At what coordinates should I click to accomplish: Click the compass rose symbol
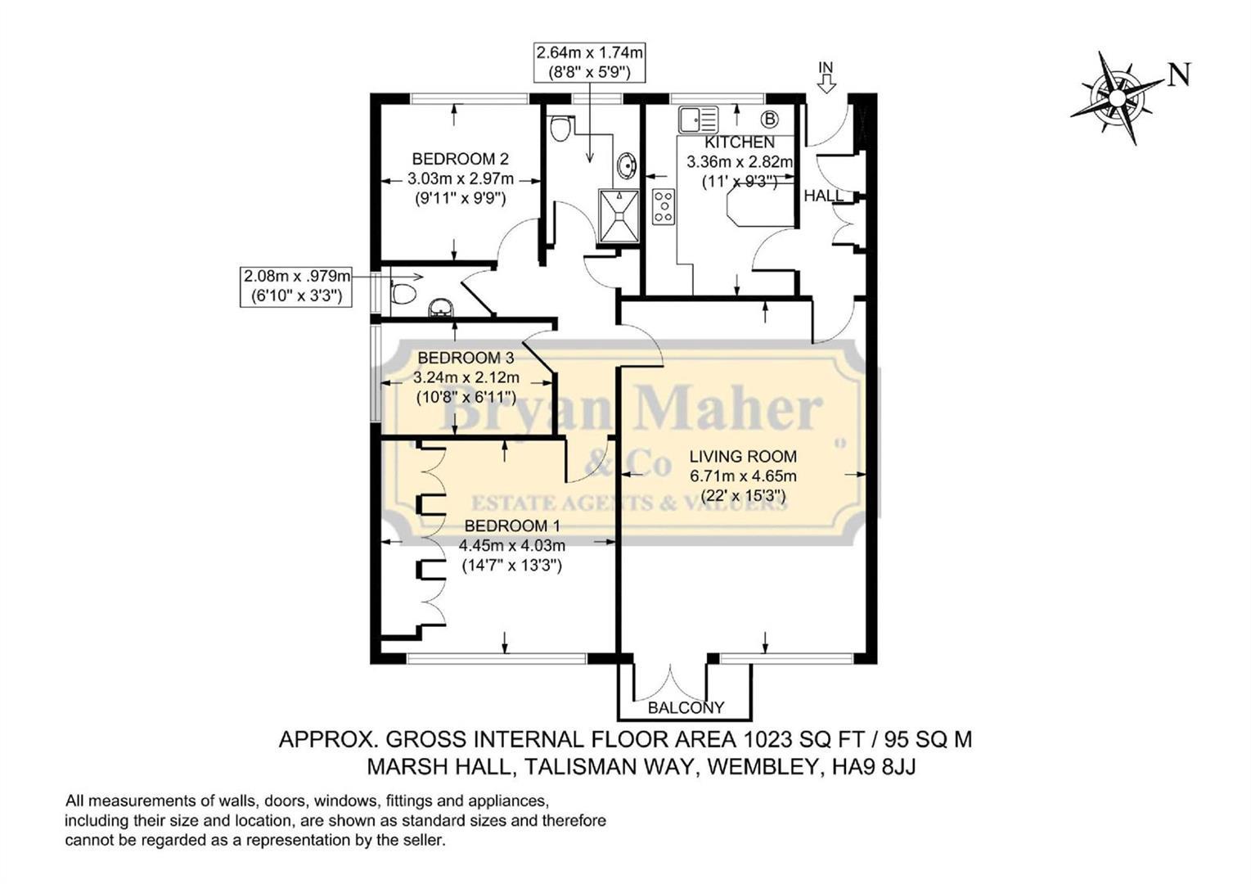(1116, 98)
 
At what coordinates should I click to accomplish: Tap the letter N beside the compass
(1179, 75)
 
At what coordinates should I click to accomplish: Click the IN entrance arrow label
(826, 68)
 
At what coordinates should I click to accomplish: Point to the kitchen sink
(697, 120)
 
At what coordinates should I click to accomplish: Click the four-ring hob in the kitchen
(663, 206)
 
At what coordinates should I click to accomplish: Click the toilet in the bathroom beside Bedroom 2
(561, 128)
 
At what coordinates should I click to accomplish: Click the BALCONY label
(686, 707)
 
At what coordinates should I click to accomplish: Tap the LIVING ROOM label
(742, 457)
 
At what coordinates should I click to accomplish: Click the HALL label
(823, 196)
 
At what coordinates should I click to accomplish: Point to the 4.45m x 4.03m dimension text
(511, 545)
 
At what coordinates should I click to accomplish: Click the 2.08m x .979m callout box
(296, 286)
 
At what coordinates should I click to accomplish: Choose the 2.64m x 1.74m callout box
(589, 62)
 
